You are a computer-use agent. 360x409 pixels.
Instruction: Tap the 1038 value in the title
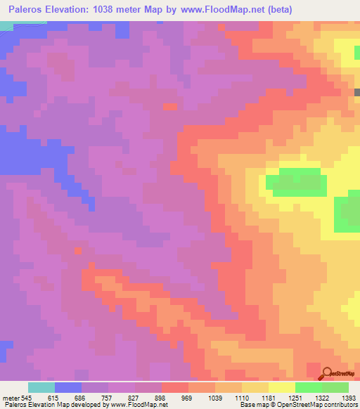tap(103, 10)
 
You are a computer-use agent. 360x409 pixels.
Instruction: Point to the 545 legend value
tap(25, 397)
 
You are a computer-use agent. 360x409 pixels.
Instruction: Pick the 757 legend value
tap(108, 397)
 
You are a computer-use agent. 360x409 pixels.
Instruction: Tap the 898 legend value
tap(162, 397)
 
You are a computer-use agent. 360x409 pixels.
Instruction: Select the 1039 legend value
tap(215, 397)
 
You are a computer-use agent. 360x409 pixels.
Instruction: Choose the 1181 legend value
tap(268, 397)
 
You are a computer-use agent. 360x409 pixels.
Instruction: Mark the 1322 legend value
tap(320, 397)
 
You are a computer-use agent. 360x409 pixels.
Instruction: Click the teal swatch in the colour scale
tap(41, 387)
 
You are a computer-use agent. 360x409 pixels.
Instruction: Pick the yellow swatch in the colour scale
tap(282, 387)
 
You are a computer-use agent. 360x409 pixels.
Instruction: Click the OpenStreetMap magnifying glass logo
tap(327, 372)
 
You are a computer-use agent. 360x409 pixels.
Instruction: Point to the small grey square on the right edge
tap(357, 92)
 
